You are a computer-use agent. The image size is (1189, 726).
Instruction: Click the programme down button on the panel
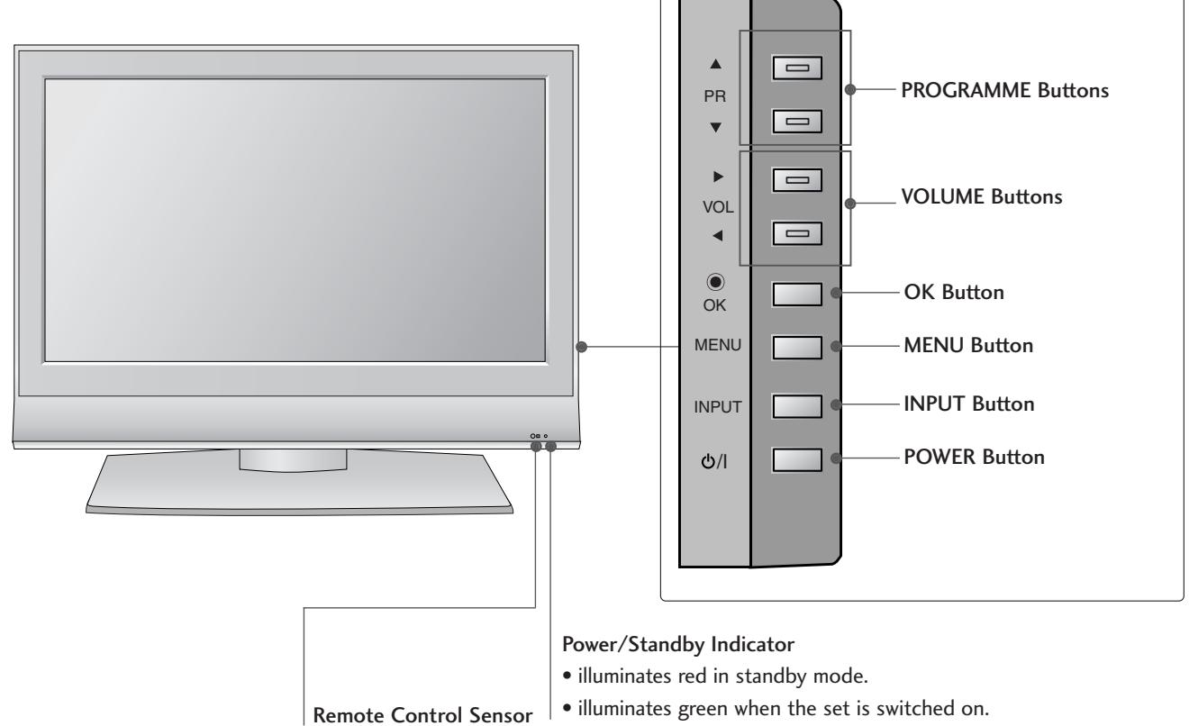click(798, 120)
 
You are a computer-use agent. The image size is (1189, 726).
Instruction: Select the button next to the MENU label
click(798, 346)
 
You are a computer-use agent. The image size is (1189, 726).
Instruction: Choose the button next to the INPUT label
click(798, 405)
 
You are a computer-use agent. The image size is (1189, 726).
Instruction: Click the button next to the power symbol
click(798, 458)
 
